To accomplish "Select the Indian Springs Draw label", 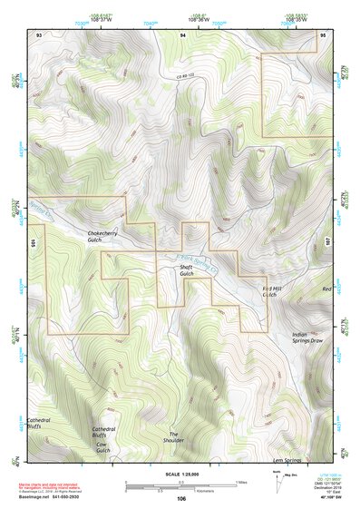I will pyautogui.click(x=306, y=338).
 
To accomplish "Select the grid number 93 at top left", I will pyautogui.click(x=39, y=34).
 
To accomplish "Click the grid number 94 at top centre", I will pyautogui.click(x=182, y=34).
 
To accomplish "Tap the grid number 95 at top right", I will pyautogui.click(x=324, y=34).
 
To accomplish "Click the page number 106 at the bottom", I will pyautogui.click(x=181, y=499).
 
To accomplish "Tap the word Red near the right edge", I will pyautogui.click(x=326, y=289).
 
